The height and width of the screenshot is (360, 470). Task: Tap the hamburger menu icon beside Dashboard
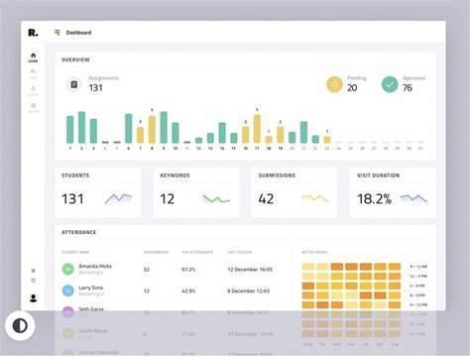pos(58,33)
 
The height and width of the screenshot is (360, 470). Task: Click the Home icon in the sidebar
pos(33,58)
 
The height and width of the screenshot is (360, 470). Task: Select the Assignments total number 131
pos(96,88)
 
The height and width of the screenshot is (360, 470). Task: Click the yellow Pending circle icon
pos(334,84)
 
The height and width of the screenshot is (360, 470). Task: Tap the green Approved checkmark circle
pos(390,84)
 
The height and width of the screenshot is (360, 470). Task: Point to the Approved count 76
pos(408,87)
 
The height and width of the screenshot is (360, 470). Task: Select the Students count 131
pos(72,198)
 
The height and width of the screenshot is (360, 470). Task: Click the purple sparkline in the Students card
pos(119,198)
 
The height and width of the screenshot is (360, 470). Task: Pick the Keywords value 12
pos(168,198)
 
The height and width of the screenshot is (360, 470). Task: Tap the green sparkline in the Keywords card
pos(216,198)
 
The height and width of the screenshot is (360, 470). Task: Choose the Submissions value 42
pos(266,198)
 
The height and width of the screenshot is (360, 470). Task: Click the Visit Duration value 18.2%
pos(374,198)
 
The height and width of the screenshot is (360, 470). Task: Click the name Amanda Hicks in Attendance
pos(94,267)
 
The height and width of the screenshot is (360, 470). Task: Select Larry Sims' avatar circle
pos(68,290)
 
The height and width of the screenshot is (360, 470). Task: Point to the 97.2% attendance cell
pos(188,269)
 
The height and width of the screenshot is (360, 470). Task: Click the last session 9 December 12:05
pos(248,290)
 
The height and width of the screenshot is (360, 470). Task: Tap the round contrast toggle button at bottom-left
pos(19,324)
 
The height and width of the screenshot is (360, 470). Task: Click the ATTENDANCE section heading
pos(79,232)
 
